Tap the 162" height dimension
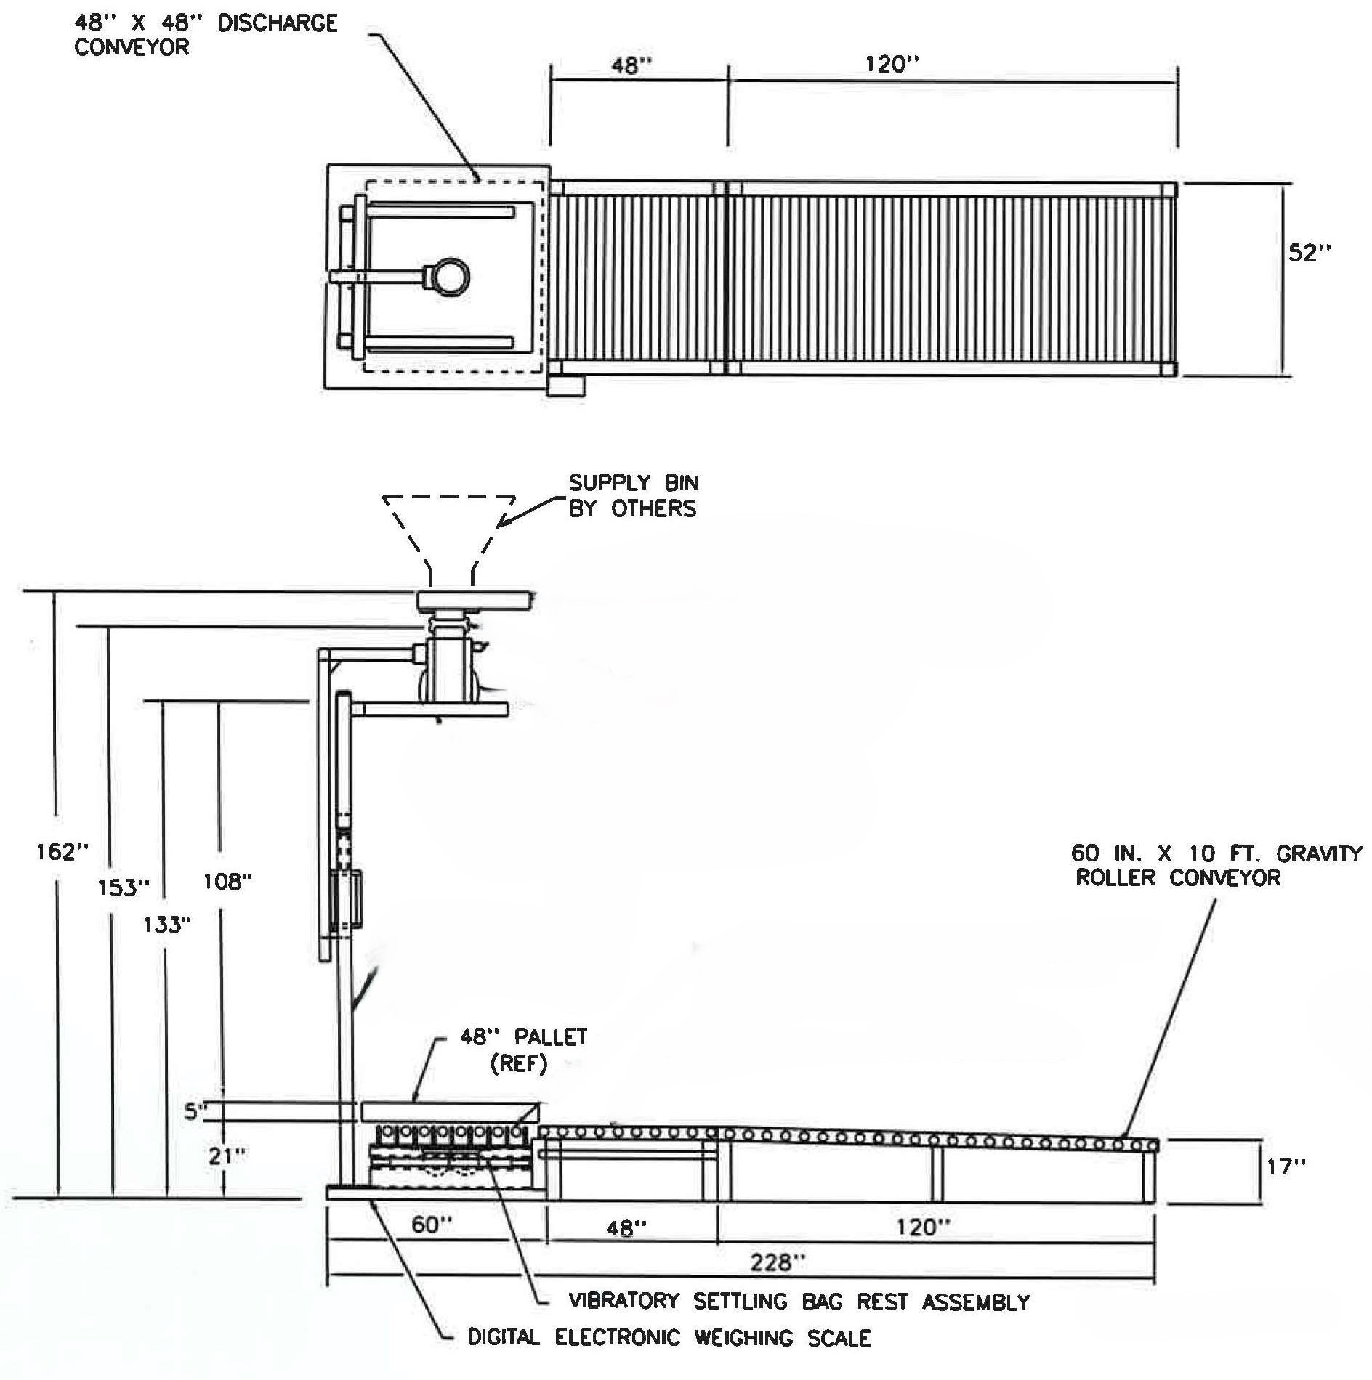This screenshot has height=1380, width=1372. tap(62, 851)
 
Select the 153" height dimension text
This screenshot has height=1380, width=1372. tap(124, 887)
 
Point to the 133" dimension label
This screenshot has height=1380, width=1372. tap(167, 925)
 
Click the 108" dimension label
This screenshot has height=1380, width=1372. tap(228, 882)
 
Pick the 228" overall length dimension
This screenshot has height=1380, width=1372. tap(778, 1262)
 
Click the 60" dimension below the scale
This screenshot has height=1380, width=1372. tap(432, 1225)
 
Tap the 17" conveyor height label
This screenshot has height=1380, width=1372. tap(1286, 1167)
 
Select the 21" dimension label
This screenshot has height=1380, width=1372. tap(227, 1156)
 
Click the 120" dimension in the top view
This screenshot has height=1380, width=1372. tap(892, 65)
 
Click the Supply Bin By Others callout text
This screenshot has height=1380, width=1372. tap(633, 495)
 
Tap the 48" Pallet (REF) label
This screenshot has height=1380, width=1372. tap(522, 1050)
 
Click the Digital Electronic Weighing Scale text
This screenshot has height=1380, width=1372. tap(669, 1337)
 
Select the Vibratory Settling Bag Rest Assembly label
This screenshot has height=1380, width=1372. tap(799, 1302)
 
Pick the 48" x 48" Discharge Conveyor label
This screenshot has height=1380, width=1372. tap(206, 35)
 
